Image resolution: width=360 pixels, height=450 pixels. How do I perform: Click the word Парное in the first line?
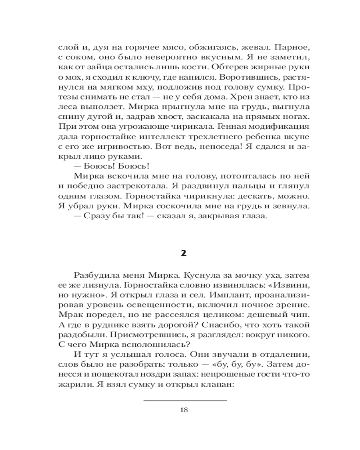(285, 47)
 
